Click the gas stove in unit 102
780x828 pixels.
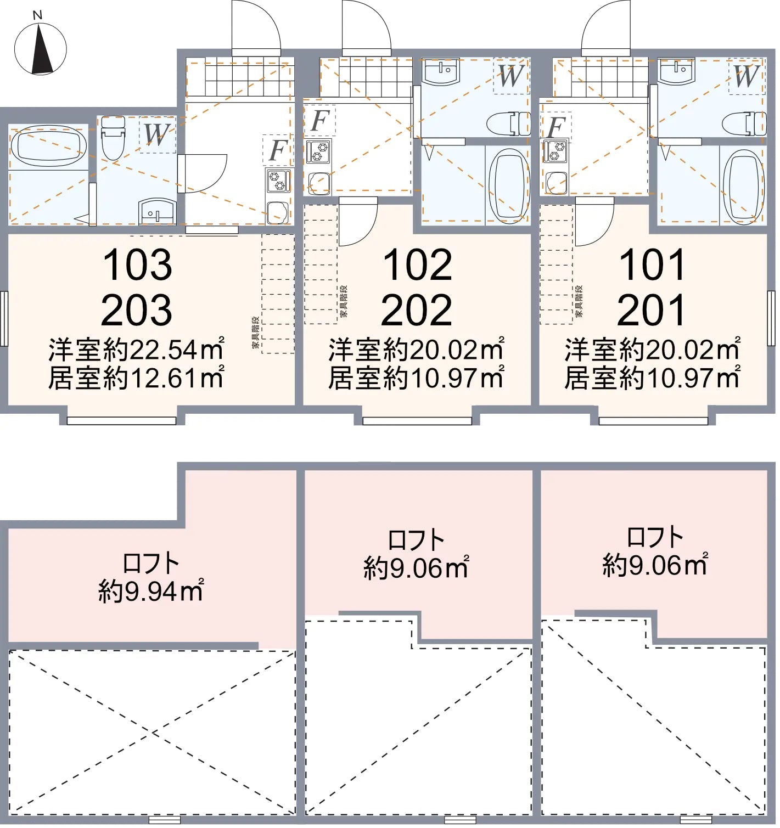(318, 151)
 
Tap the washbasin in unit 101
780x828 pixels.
(677, 71)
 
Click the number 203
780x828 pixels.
(137, 310)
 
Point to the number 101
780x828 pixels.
(652, 265)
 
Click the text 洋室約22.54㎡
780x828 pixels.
(136, 350)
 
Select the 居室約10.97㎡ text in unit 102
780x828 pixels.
(416, 378)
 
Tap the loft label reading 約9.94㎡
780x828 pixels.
(150, 591)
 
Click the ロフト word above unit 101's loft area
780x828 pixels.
(655, 537)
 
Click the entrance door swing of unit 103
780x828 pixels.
(256, 26)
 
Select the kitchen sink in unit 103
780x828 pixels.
(278, 212)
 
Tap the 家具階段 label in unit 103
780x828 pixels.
(255, 333)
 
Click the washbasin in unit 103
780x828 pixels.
(158, 211)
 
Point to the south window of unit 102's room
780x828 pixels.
(417, 421)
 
